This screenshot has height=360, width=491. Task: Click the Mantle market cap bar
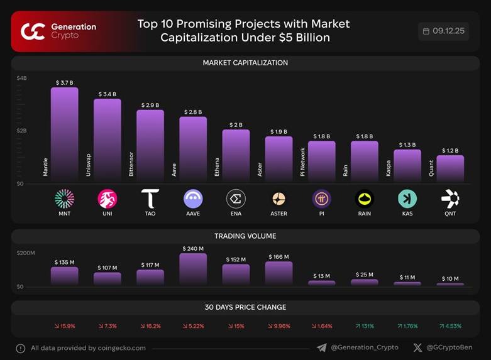coord(64,134)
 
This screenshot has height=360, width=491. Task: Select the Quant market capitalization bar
coord(450,169)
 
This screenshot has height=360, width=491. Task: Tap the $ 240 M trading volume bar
coord(193,269)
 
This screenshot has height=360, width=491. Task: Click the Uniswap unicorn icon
coord(108,199)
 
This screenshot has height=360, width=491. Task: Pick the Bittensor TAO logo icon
coord(150,199)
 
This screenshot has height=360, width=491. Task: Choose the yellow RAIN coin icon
coord(364,199)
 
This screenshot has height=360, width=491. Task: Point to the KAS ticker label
coord(407,214)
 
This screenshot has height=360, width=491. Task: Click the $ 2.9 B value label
coord(150,105)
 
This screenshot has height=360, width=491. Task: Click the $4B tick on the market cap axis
coord(22,79)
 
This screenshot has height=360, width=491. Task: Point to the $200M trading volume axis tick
coord(26,253)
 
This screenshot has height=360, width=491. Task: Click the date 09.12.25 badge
coord(443,31)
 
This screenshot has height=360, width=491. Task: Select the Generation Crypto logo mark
coord(33,31)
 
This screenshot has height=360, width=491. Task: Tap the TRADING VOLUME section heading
coord(245,236)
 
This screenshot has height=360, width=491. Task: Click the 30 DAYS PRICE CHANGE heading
coord(245,307)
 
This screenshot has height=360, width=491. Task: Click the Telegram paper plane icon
coord(322,347)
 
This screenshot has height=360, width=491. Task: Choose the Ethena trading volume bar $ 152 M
coord(236,275)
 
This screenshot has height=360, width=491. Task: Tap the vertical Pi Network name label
coord(302,161)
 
